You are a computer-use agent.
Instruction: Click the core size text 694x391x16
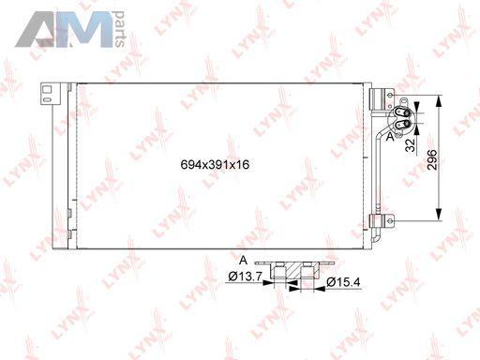(215, 164)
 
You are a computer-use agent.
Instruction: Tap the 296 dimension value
(432, 159)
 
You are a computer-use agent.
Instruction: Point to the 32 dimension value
(411, 145)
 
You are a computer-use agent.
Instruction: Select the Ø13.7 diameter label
(245, 277)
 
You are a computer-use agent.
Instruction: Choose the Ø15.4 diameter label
(343, 282)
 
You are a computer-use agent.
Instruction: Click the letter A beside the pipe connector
(390, 137)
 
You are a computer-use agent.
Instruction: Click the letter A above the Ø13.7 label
(243, 260)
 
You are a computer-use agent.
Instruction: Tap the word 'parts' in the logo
(120, 29)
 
